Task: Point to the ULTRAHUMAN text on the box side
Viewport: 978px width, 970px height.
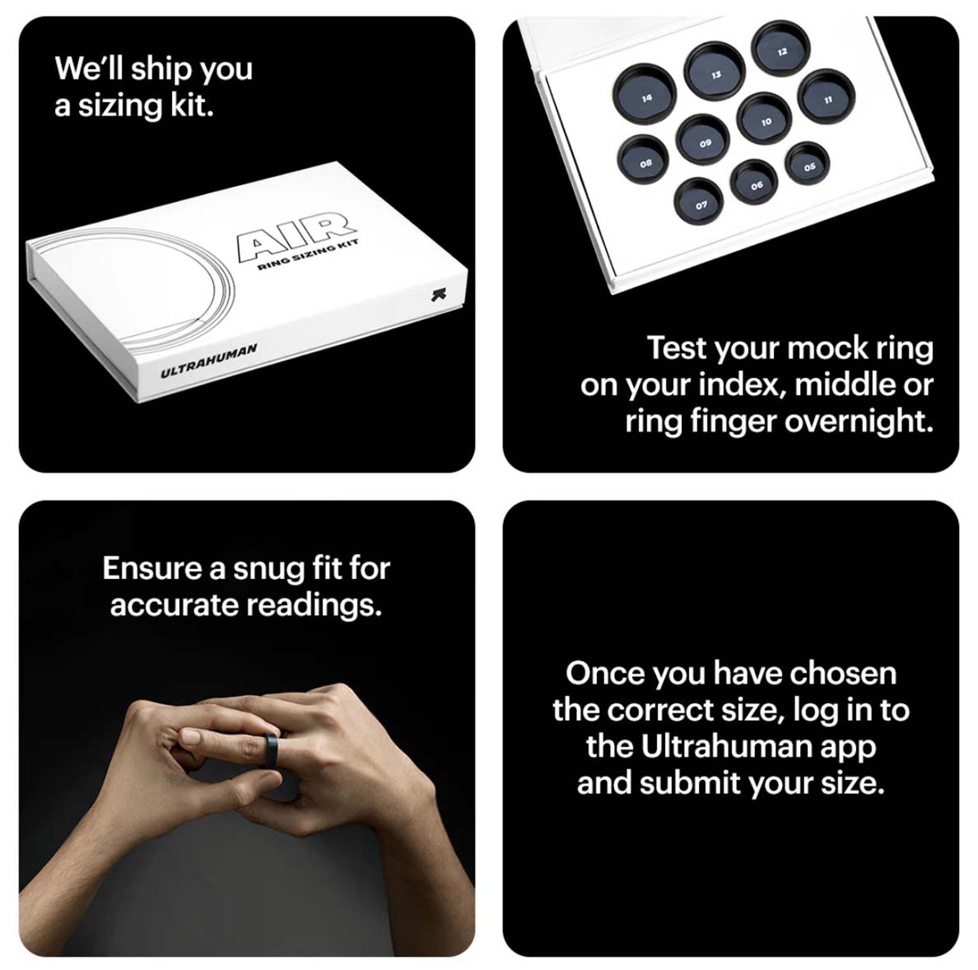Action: tap(209, 361)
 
